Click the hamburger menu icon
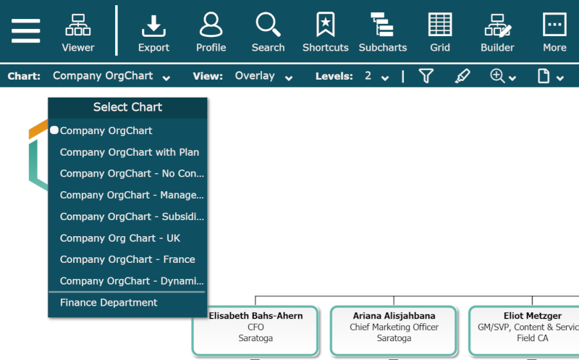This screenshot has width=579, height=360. [26, 31]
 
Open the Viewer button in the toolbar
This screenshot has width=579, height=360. [78, 33]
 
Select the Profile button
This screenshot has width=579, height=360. [211, 33]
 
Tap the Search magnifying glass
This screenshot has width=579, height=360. [268, 33]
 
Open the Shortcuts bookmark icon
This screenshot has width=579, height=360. [325, 33]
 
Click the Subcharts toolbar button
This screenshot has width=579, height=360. [383, 33]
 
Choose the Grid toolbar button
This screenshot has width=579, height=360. [440, 33]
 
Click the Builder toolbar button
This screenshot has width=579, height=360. [497, 33]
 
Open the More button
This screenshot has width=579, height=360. [554, 33]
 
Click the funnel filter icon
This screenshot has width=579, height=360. [426, 76]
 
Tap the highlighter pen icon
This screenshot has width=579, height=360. [462, 76]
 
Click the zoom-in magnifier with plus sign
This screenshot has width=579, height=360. [497, 76]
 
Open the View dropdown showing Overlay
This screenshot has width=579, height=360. [263, 76]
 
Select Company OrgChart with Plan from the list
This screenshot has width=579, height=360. [130, 152]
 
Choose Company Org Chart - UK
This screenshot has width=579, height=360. [120, 238]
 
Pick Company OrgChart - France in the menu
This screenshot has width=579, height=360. [127, 259]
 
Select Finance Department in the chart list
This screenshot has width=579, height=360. [109, 303]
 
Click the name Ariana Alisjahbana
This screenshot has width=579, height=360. [394, 316]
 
